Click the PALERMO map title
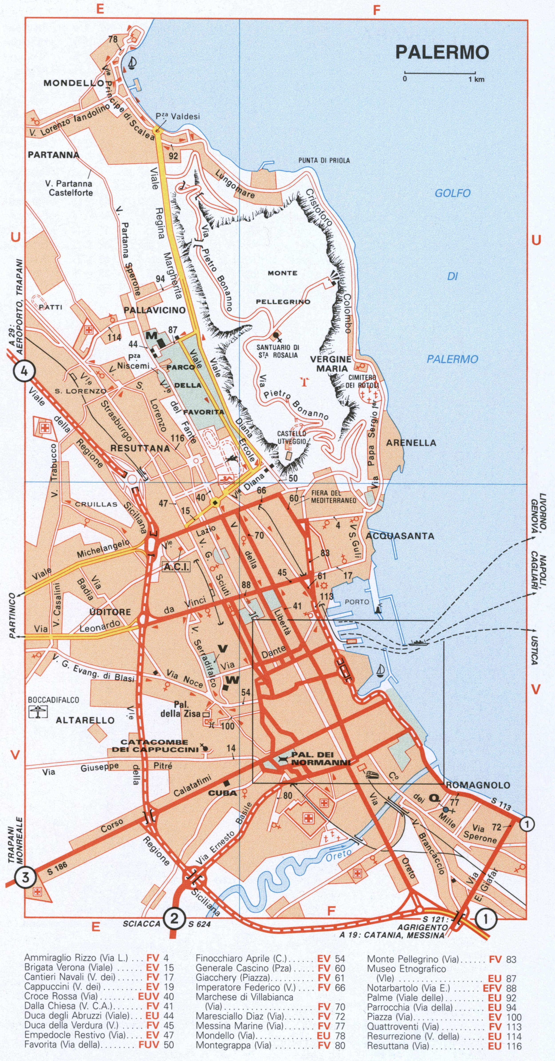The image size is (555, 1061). (x=442, y=52)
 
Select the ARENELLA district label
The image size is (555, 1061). (x=411, y=443)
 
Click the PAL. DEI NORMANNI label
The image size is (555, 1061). (x=320, y=758)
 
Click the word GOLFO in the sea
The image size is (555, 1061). (x=453, y=193)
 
